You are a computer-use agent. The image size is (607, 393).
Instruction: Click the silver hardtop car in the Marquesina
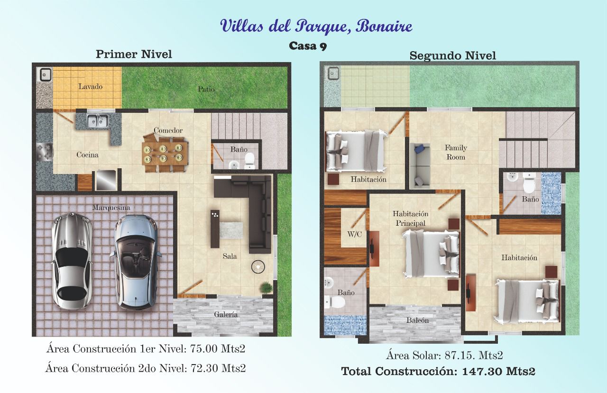(x=72, y=261)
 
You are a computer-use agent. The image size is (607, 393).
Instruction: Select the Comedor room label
(x=168, y=130)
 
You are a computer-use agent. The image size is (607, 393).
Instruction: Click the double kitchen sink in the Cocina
(x=98, y=120)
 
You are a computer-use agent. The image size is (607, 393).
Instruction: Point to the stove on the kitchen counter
(x=45, y=152)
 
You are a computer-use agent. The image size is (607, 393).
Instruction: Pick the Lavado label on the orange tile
(x=91, y=87)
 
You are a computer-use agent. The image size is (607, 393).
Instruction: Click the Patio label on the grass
(x=206, y=89)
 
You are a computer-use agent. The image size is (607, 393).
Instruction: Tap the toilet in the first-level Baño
(x=249, y=160)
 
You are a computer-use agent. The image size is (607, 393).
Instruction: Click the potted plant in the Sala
(x=266, y=287)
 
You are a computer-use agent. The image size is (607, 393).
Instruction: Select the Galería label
(x=226, y=314)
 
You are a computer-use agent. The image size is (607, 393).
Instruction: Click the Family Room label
(x=456, y=152)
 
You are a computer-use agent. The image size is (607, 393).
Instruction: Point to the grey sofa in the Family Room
(x=420, y=165)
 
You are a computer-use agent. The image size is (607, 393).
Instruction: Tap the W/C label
(x=354, y=234)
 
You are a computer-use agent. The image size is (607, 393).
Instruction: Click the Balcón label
(x=417, y=320)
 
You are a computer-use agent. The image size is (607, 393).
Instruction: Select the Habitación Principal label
(x=411, y=218)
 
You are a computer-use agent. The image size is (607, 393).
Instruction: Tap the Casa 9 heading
(x=308, y=46)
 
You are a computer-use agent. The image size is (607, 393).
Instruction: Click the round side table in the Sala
(x=258, y=267)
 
